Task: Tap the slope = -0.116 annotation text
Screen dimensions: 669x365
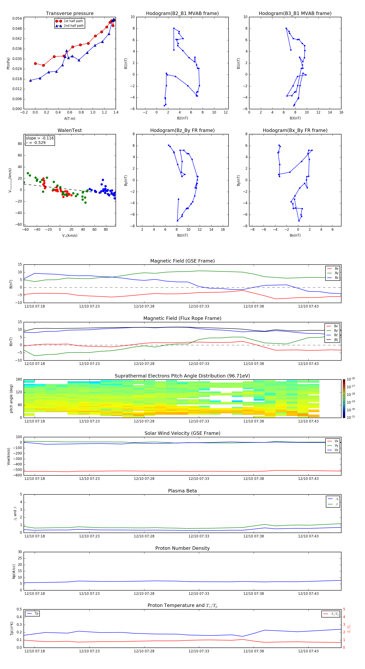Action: click(x=40, y=138)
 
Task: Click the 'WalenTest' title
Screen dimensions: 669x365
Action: click(x=70, y=130)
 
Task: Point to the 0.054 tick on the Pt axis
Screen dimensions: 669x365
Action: click(x=17, y=18)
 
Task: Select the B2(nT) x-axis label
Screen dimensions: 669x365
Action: click(x=182, y=118)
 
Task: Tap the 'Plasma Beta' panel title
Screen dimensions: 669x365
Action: click(x=182, y=491)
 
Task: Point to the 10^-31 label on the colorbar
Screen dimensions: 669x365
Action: click(x=351, y=417)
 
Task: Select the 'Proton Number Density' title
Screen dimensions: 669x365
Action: click(x=182, y=548)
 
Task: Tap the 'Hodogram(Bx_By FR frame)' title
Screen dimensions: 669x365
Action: click(x=295, y=130)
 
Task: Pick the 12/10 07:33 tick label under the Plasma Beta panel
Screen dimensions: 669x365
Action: click(x=199, y=536)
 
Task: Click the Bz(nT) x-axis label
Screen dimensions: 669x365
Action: click(x=182, y=235)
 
